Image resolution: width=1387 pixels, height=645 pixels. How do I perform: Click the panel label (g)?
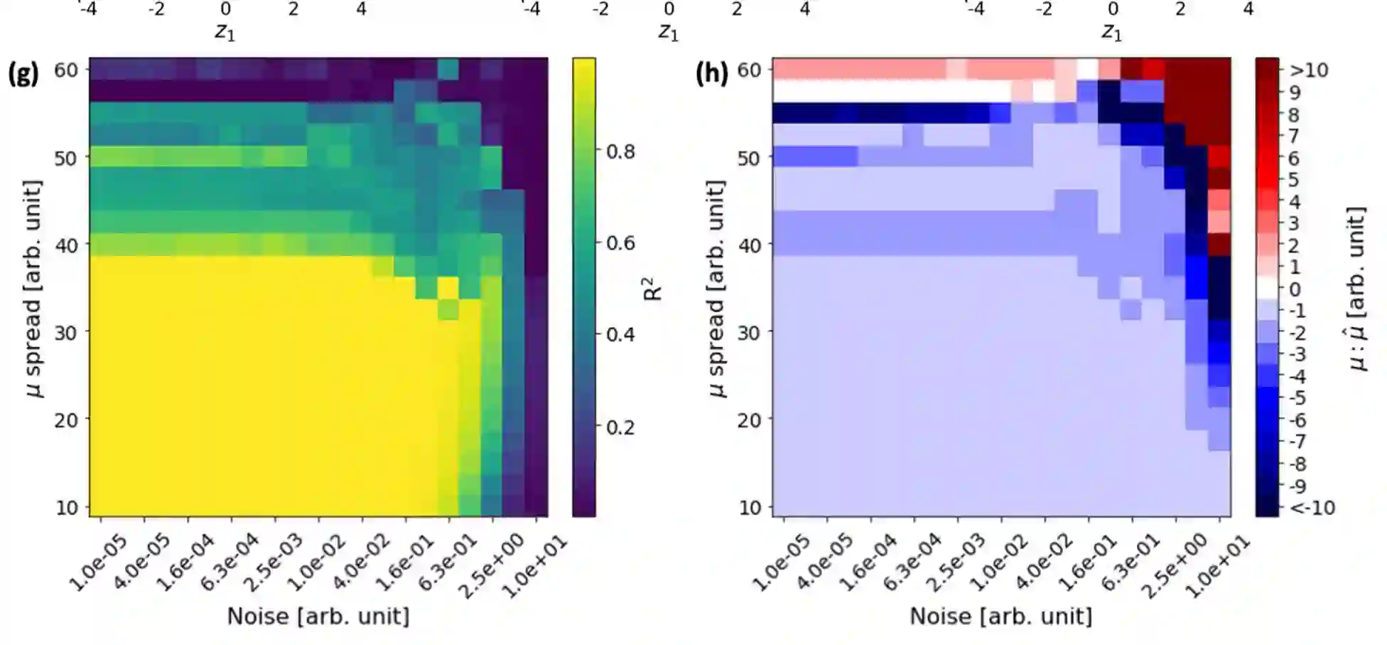click(23, 73)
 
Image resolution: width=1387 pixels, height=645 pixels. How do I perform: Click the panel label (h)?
click(711, 73)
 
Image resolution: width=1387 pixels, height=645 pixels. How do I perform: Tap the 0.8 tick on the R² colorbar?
click(620, 151)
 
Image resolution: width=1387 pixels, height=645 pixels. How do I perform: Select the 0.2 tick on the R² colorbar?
click(620, 427)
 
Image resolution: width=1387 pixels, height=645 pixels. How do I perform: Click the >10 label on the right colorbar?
click(1308, 70)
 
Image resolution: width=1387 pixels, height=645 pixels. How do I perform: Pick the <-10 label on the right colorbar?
click(1312, 508)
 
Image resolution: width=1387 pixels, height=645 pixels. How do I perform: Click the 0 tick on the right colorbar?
click(1295, 289)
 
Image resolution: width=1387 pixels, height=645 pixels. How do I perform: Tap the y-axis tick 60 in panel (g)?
click(65, 70)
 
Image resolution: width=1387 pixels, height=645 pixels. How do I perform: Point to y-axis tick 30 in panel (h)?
click(749, 332)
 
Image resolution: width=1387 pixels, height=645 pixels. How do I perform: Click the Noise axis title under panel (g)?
click(318, 617)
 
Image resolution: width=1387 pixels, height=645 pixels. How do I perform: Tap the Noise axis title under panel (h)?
click(1001, 617)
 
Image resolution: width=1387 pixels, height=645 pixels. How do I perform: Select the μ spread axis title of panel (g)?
click(32, 288)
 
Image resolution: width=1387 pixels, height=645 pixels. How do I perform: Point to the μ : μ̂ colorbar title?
click(1357, 288)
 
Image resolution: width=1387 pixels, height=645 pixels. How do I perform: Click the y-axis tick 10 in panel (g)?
click(65, 508)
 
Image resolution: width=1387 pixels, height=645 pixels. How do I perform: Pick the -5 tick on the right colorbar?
click(1297, 398)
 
